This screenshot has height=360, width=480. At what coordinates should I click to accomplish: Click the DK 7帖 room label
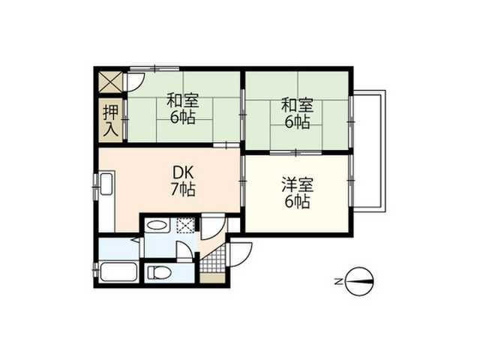pyautogui.click(x=183, y=181)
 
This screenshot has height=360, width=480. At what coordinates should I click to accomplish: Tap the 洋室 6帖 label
pyautogui.click(x=298, y=193)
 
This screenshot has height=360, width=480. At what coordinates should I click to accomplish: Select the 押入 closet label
pyautogui.click(x=110, y=120)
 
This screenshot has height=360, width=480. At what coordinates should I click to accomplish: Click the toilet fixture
pyautogui.click(x=158, y=272)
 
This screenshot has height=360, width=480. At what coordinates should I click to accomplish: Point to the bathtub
pyautogui.click(x=118, y=272)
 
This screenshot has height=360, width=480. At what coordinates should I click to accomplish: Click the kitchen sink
pyautogui.click(x=106, y=184)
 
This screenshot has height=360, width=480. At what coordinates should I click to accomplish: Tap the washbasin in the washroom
pyautogui.click(x=157, y=226)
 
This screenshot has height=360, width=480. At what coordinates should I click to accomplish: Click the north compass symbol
pyautogui.click(x=359, y=281)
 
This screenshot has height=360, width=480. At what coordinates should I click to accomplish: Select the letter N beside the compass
pyautogui.click(x=338, y=281)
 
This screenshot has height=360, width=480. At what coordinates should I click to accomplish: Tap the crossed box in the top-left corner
pyautogui.click(x=110, y=82)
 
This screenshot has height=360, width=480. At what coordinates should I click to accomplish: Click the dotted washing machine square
pyautogui.click(x=186, y=225)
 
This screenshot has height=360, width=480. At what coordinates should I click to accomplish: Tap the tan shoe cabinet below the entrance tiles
pyautogui.click(x=213, y=277)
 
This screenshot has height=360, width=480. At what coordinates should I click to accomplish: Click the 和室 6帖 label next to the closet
pyautogui.click(x=183, y=109)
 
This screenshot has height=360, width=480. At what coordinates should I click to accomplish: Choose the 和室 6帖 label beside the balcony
pyautogui.click(x=298, y=112)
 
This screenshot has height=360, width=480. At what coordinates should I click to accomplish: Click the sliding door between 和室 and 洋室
pyautogui.click(x=295, y=152)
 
